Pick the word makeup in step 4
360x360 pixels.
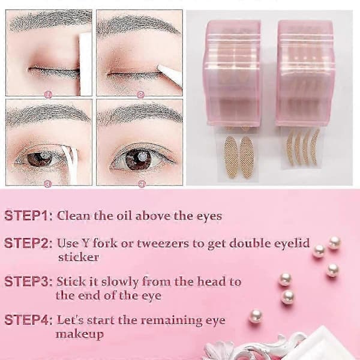[80, 334]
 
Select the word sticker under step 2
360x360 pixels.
[79, 257]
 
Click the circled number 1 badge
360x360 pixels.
[48, 94]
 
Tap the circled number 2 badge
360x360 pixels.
[141, 95]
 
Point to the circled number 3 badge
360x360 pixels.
[47, 184]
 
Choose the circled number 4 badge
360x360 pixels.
[142, 184]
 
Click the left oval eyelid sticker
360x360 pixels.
[231, 157]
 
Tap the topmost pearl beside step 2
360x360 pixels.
[334, 242]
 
